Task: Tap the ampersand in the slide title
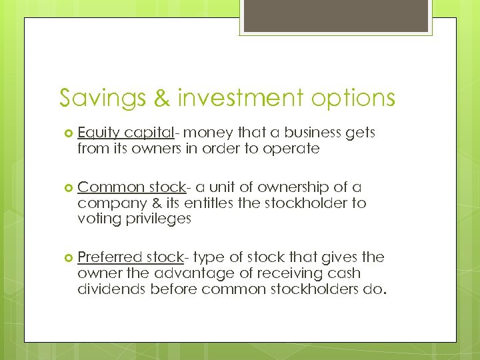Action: (162, 98)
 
